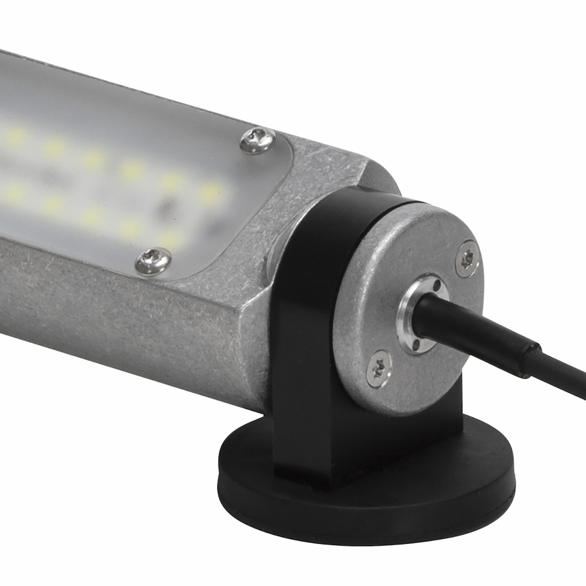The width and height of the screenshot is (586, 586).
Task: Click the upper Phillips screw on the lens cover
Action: pos(258,141)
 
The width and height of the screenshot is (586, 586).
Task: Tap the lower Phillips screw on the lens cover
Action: pos(154,261)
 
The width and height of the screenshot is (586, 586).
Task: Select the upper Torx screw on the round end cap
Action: pos(467,258)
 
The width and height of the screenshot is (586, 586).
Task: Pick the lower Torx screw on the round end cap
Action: pos(379,369)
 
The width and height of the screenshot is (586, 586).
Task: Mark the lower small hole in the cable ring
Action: pos(416,346)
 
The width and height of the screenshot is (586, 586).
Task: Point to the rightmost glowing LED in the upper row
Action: pos(211,190)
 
